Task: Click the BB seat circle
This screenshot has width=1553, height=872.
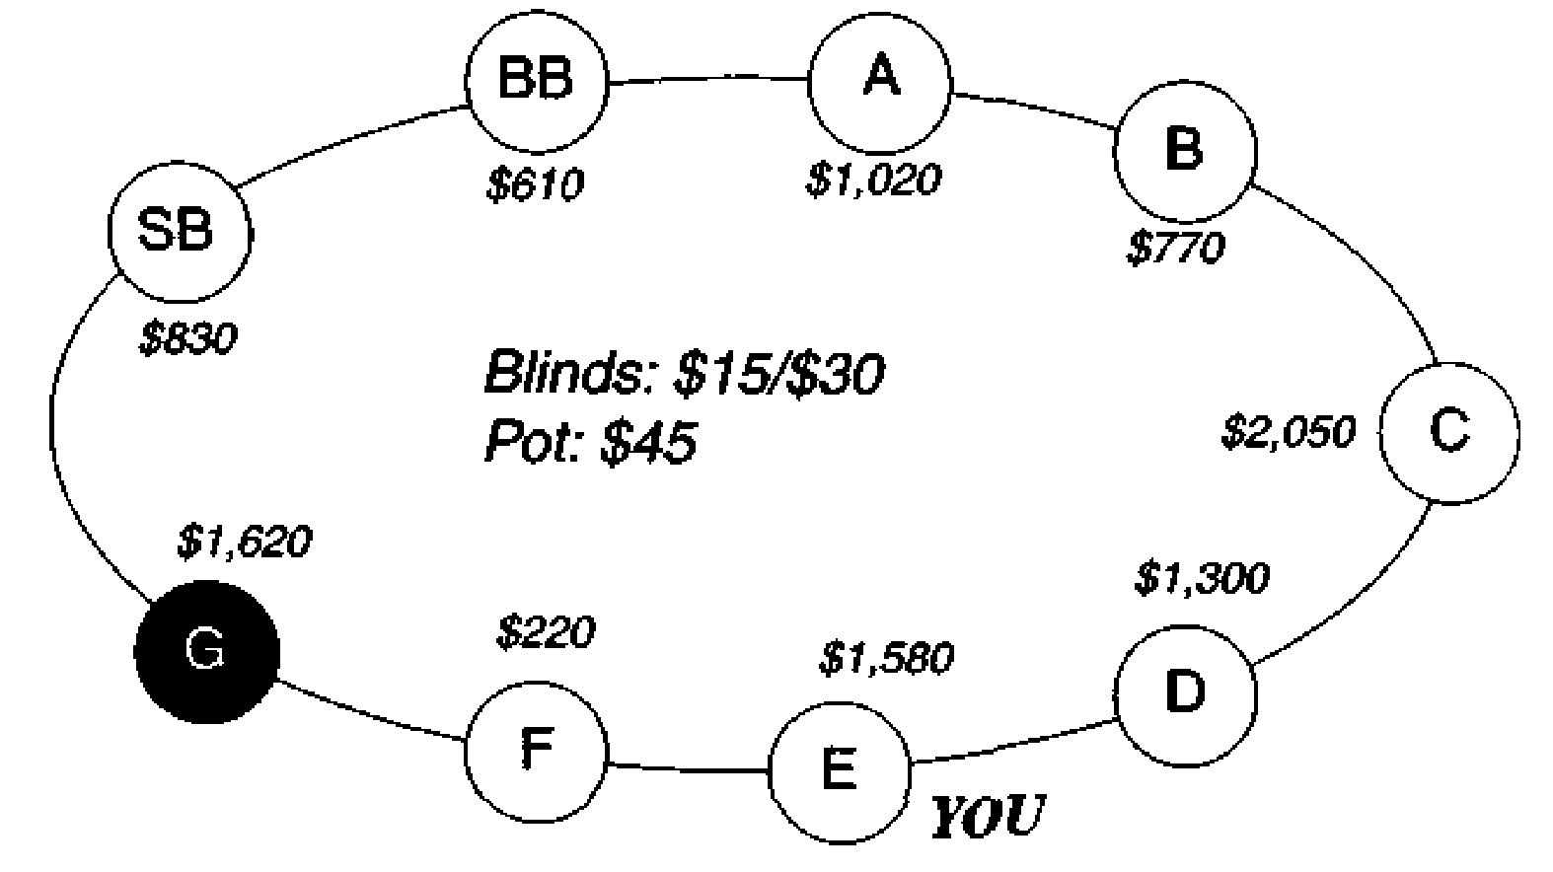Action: (537, 82)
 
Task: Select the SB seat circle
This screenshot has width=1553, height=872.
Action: (181, 232)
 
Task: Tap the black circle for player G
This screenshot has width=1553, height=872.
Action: (206, 652)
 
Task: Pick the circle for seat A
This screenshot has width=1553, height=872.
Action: (880, 82)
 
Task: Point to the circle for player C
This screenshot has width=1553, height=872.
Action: (1449, 432)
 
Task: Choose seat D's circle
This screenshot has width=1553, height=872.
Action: (1185, 695)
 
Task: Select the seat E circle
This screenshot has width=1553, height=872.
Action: (840, 772)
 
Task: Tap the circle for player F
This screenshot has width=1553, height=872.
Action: (537, 752)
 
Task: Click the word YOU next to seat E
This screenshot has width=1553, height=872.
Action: (987, 816)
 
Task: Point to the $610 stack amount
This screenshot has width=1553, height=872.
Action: (535, 184)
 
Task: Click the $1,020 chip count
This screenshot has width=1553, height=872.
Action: (873, 179)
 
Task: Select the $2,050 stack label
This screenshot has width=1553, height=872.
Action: (1289, 432)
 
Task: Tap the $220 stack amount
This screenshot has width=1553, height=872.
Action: (547, 631)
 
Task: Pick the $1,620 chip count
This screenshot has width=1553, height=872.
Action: (245, 542)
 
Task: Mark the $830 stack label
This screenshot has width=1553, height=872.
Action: (188, 338)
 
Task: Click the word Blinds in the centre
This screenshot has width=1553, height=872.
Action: (572, 373)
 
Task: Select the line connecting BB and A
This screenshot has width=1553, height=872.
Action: (708, 81)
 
